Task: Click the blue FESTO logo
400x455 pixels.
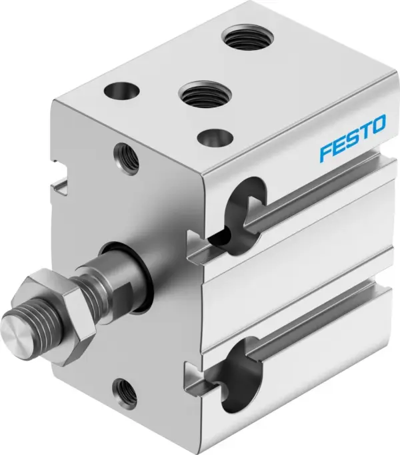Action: coord(352,138)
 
